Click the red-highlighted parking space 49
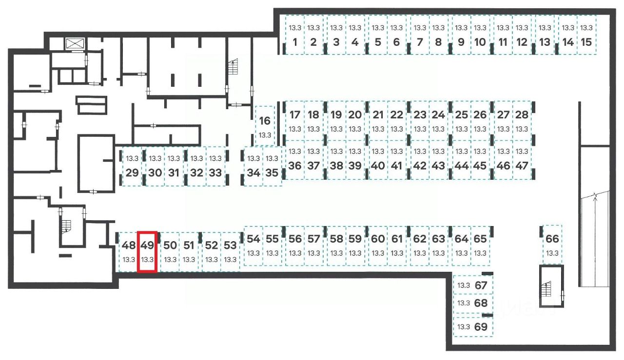147,252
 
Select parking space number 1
294,35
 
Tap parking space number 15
587,35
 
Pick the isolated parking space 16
265,126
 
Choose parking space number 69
473,327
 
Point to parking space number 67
473,285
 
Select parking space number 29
132,166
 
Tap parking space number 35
272,166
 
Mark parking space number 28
522,121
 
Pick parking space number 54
253,246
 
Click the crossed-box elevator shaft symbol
75,43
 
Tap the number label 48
129,245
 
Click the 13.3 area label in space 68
464,303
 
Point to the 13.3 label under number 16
265,135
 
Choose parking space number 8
438,35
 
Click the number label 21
378,115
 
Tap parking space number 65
480,246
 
